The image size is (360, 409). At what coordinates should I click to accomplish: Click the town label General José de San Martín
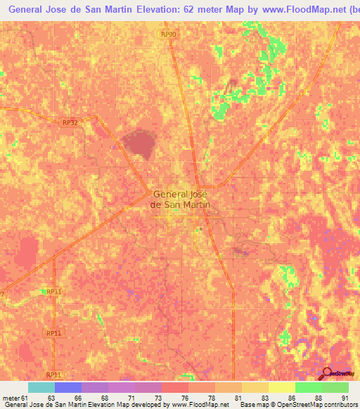click(181, 200)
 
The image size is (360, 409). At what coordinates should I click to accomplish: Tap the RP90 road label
click(168, 34)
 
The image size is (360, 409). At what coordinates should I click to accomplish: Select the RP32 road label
click(70, 122)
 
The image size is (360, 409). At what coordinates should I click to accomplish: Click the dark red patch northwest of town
click(139, 144)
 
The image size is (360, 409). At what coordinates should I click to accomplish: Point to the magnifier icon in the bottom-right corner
click(327, 373)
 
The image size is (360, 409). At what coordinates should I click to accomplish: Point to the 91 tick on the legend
click(345, 398)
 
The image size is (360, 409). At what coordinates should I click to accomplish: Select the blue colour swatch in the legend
click(67, 387)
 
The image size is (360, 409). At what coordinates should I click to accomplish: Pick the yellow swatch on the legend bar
click(281, 387)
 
